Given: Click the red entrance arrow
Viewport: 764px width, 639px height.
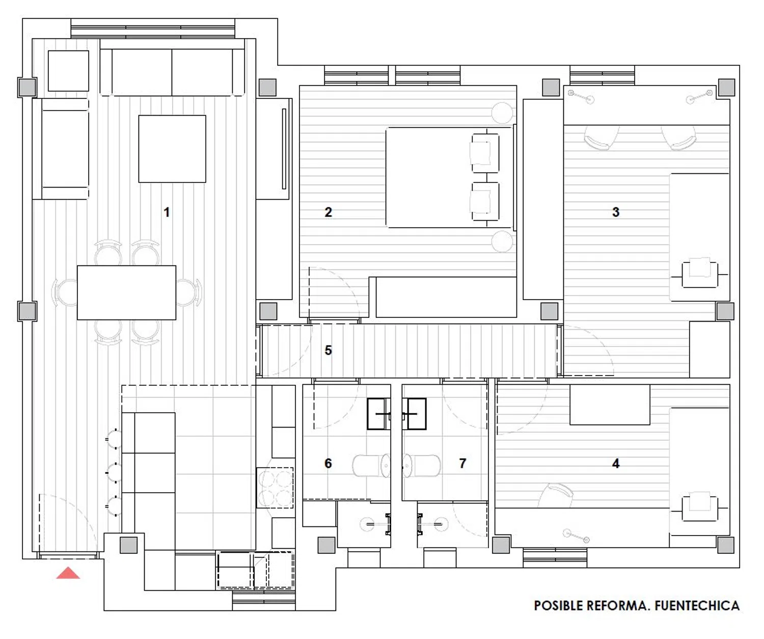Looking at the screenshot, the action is click(68, 573).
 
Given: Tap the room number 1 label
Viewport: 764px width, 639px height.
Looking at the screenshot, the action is click(167, 212).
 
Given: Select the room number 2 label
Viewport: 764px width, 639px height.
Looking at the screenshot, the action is click(328, 212).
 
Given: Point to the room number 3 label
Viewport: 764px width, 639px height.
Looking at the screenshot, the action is click(616, 212).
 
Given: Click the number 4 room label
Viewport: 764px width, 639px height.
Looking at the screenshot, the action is click(616, 464).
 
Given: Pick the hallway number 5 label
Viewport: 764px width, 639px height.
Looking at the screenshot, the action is click(328, 351).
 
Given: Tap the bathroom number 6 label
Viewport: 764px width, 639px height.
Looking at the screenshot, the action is click(328, 464).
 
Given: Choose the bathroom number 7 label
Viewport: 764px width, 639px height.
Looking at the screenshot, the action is click(462, 464).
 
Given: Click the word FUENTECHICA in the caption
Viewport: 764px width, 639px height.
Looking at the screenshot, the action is click(697, 606).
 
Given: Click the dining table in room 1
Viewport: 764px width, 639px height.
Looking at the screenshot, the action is click(127, 292).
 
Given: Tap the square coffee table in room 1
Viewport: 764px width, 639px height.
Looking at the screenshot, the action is click(172, 149).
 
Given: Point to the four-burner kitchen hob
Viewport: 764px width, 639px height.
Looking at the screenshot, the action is click(275, 488).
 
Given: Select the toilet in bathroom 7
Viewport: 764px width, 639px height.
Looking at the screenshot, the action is click(421, 465).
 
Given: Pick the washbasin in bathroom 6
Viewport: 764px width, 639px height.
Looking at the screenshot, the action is click(379, 414).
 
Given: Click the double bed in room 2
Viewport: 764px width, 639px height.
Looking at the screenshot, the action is click(449, 178).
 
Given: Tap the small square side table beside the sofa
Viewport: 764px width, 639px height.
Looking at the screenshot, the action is click(68, 71).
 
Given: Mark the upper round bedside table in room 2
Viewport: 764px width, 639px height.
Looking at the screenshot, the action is click(502, 113).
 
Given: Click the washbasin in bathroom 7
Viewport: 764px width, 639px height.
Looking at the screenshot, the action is click(414, 414).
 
